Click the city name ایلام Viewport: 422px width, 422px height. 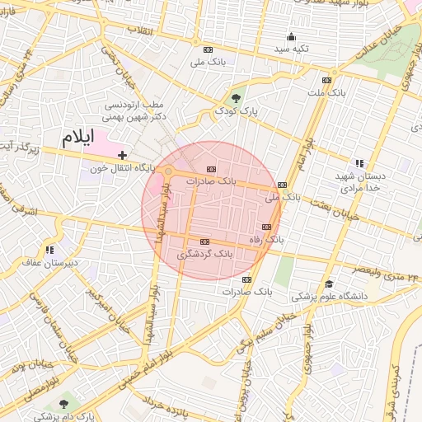(x=78, y=137)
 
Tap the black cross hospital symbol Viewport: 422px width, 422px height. (x=122, y=154)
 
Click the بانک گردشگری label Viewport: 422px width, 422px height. (x=206, y=256)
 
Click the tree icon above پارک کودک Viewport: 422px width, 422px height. (x=237, y=98)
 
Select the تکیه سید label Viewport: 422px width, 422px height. (x=292, y=49)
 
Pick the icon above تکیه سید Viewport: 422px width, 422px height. (x=291, y=36)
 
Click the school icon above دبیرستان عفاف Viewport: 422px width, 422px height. (x=50, y=250)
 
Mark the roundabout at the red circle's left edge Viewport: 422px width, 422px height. (x=168, y=171)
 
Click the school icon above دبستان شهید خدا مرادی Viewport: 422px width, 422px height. (x=357, y=163)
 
